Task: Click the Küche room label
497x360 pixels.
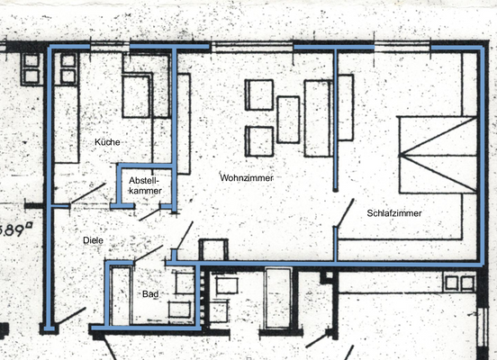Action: (x=107, y=142)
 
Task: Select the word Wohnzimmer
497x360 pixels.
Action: (x=246, y=178)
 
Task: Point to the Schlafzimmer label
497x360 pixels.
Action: (x=394, y=213)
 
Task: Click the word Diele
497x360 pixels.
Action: (x=93, y=241)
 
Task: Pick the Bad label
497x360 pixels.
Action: (x=149, y=294)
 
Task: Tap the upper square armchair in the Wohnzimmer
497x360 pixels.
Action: (x=259, y=94)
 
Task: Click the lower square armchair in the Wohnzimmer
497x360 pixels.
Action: (x=259, y=141)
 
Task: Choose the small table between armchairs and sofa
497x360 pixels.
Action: (x=288, y=119)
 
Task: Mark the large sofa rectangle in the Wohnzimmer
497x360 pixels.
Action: (x=318, y=118)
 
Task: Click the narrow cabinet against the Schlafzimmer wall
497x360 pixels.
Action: (x=345, y=107)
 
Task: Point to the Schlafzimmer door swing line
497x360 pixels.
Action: (x=345, y=214)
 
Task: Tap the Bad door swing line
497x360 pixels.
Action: (x=148, y=255)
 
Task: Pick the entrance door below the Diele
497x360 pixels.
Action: (x=74, y=317)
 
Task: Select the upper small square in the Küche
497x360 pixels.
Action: (x=68, y=60)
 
